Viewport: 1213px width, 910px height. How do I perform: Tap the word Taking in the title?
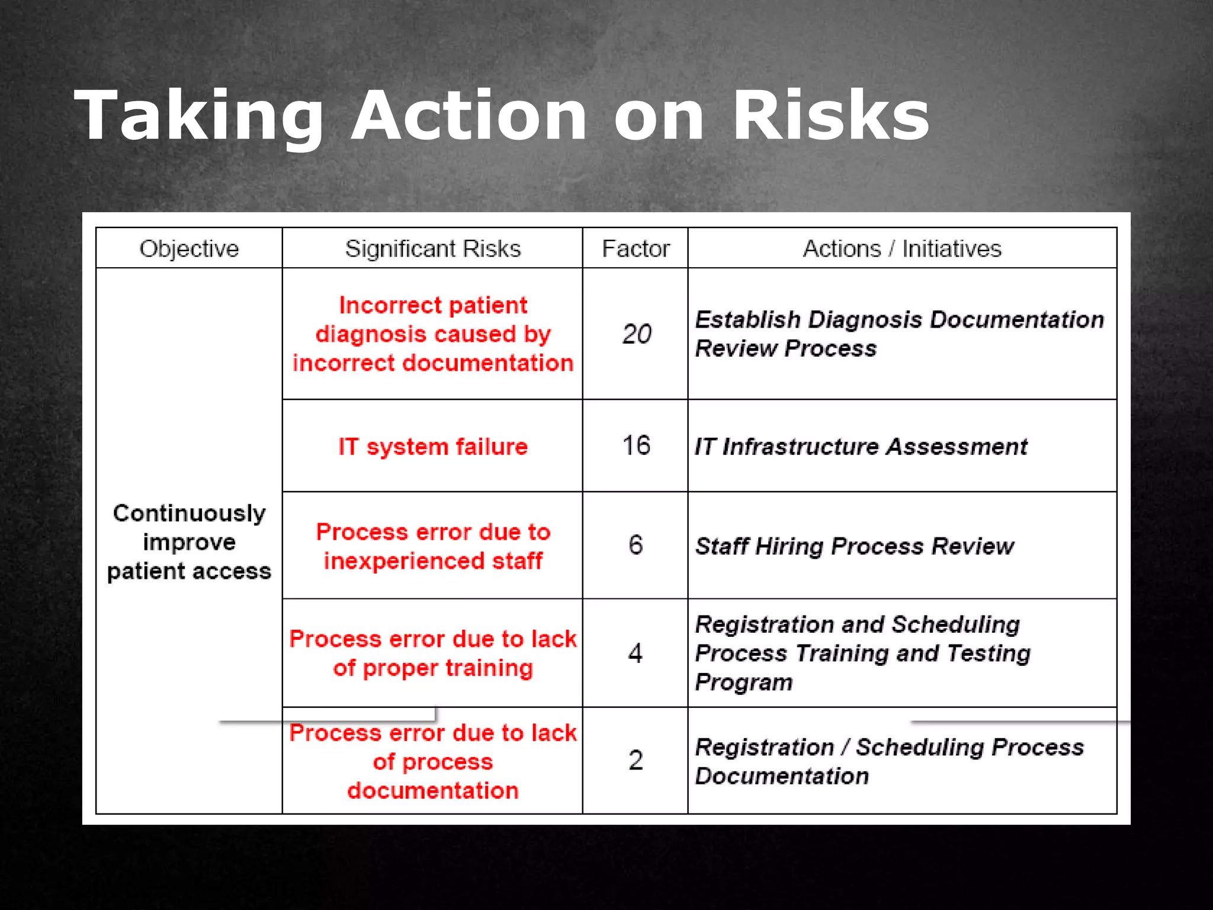coord(199,116)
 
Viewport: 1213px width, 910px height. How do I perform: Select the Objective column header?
coord(189,249)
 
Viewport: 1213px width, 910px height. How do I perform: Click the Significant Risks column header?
coord(433,249)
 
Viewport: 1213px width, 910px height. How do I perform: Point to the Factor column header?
coord(636,249)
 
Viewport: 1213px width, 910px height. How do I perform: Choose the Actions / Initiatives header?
coord(902,249)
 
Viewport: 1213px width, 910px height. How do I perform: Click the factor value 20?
coord(637,334)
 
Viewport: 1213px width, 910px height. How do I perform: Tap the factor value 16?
coord(636,446)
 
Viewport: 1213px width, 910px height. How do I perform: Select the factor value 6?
coord(636,545)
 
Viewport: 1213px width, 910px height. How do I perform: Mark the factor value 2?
coord(636,761)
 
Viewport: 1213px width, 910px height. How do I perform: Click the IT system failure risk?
coord(433,447)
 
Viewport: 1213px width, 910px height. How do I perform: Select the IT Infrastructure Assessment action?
coord(861,447)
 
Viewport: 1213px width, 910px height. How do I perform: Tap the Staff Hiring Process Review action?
coord(854,546)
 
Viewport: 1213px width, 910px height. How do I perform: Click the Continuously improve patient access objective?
coord(189,542)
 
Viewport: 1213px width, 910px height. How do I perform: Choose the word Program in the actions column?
coord(743,682)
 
